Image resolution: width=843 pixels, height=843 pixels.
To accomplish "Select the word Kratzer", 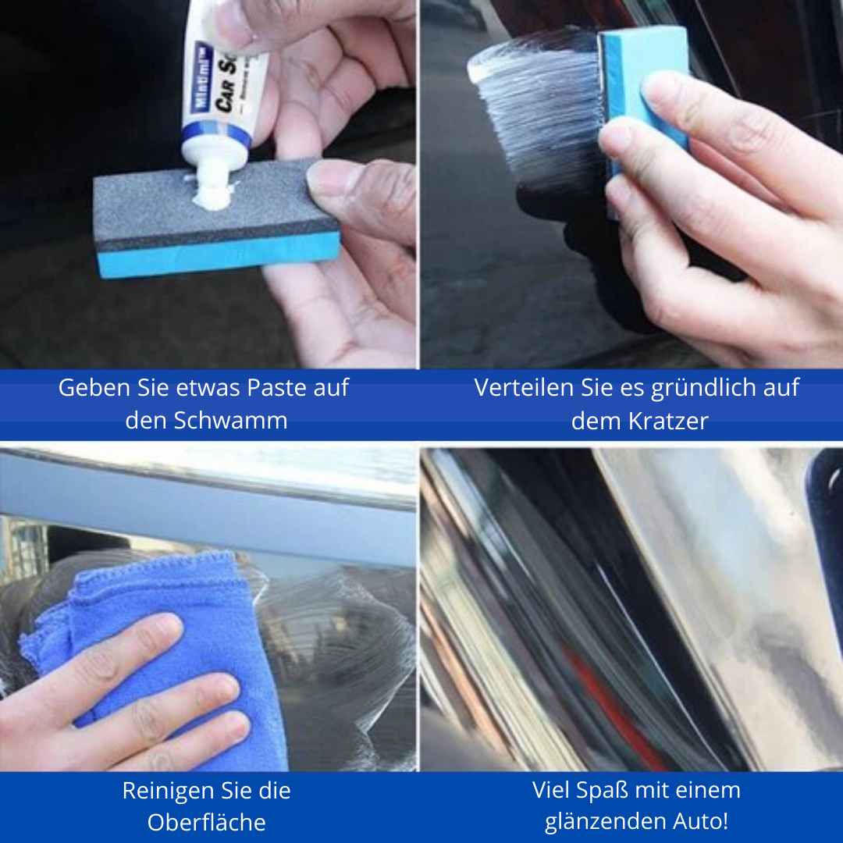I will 668,421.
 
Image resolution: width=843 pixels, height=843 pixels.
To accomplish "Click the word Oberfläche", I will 207,823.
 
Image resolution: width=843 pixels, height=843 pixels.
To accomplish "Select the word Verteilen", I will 519,388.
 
